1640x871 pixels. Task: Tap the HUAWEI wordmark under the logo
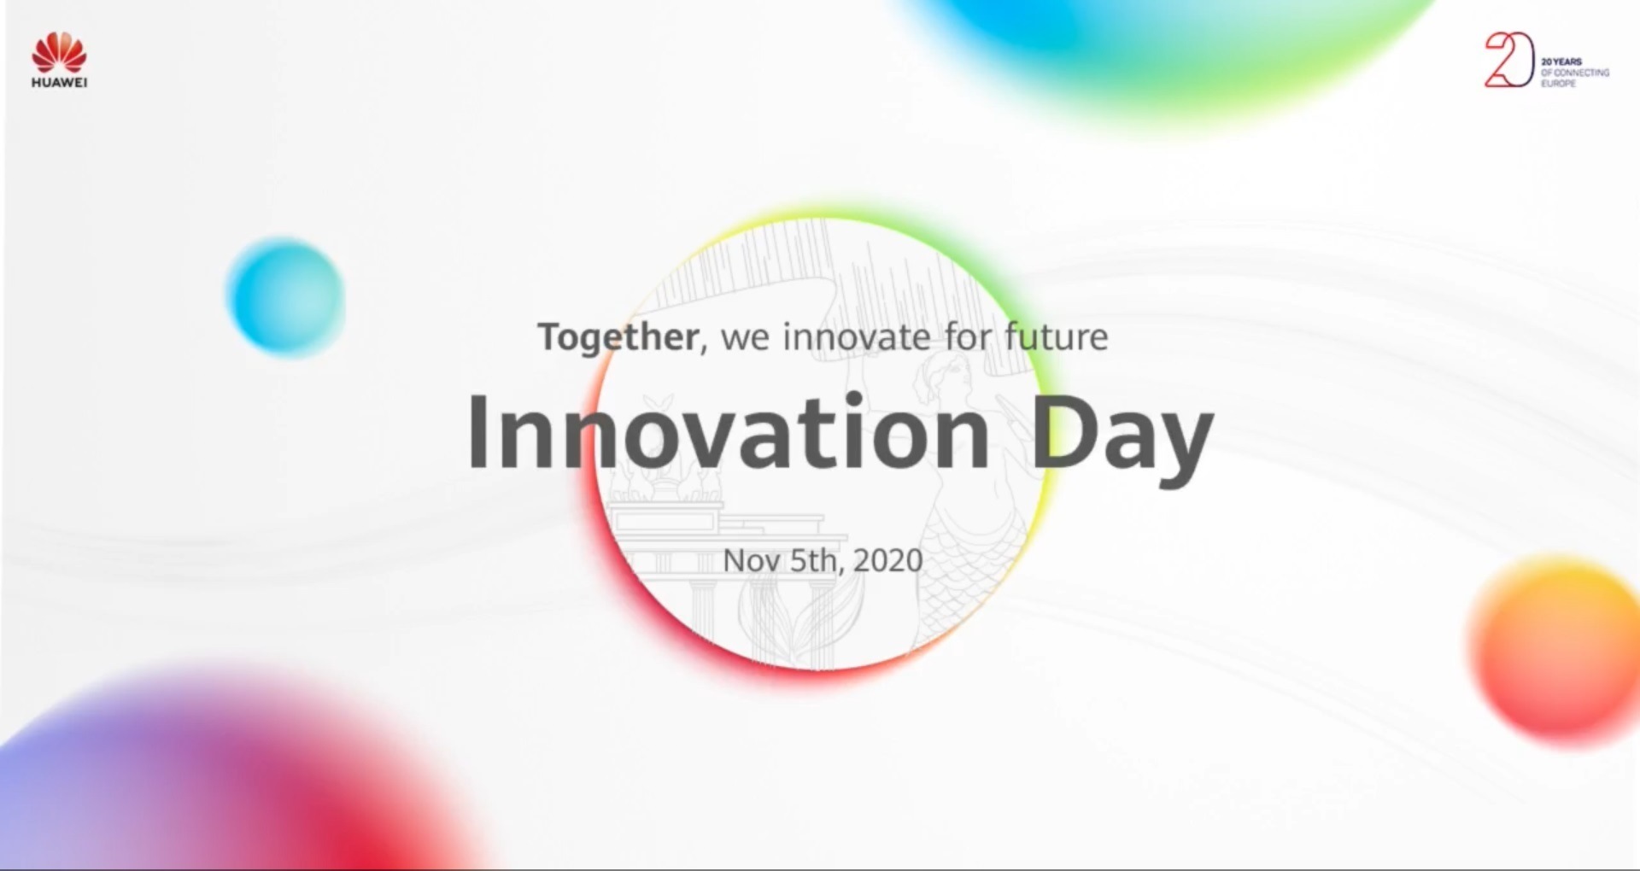pos(59,83)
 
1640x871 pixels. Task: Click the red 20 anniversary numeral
pos(1509,60)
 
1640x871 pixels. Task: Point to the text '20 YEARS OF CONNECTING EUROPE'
pos(1574,73)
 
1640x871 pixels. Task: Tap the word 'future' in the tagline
pos(1057,336)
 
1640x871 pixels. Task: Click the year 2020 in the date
pos(888,560)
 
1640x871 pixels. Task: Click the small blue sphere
pos(285,296)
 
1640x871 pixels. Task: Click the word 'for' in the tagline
pos(968,336)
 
